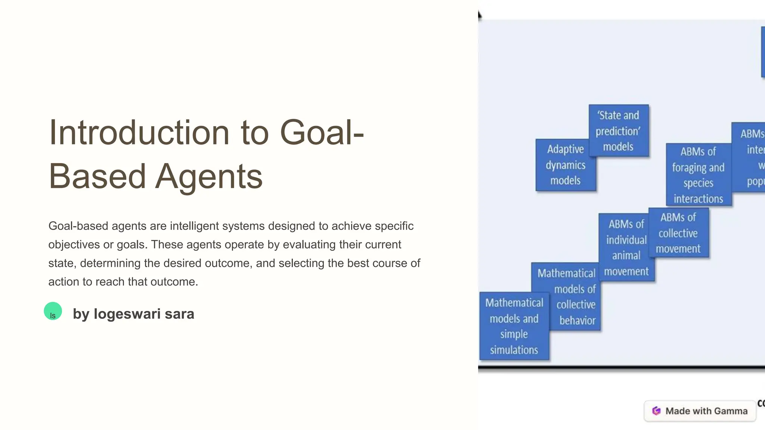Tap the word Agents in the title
coord(209,177)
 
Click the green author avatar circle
coord(53,311)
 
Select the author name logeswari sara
coord(144,314)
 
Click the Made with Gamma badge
coord(700,411)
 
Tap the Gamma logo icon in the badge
coord(656,411)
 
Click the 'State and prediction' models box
coord(618,131)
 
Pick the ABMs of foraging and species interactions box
coord(698,175)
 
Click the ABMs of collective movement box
coord(678,233)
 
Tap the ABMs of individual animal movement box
coord(626,247)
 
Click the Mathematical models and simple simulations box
coord(514,326)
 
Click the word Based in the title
coord(97,177)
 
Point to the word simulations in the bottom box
coord(514,350)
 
